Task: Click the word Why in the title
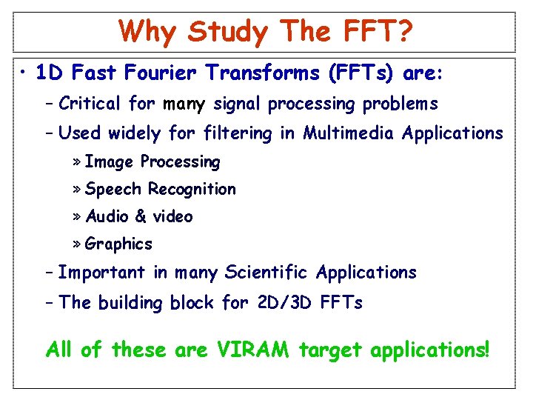pyautogui.click(x=148, y=32)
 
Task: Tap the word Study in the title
pyautogui.click(x=228, y=32)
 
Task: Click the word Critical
pyautogui.click(x=90, y=104)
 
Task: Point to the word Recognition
pyautogui.click(x=192, y=189)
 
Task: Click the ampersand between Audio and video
pyautogui.click(x=141, y=216)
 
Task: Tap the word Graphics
pyautogui.click(x=118, y=244)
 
